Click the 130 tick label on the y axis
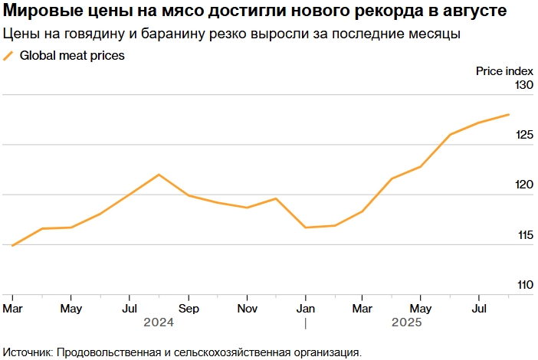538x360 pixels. (523, 85)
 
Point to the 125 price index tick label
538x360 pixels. (523, 135)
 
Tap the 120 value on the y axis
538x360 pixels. (523, 185)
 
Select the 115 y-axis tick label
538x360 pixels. (523, 235)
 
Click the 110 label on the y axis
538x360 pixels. (523, 285)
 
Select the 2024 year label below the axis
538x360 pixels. (159, 322)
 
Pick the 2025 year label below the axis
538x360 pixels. (406, 322)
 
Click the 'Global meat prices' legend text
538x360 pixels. (72, 55)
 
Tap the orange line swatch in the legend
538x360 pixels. (8, 55)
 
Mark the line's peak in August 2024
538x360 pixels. (159, 175)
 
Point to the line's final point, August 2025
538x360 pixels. (509, 115)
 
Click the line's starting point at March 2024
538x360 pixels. (12, 246)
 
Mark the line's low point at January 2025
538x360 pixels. (305, 227)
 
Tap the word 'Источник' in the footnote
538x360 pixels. (28, 352)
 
